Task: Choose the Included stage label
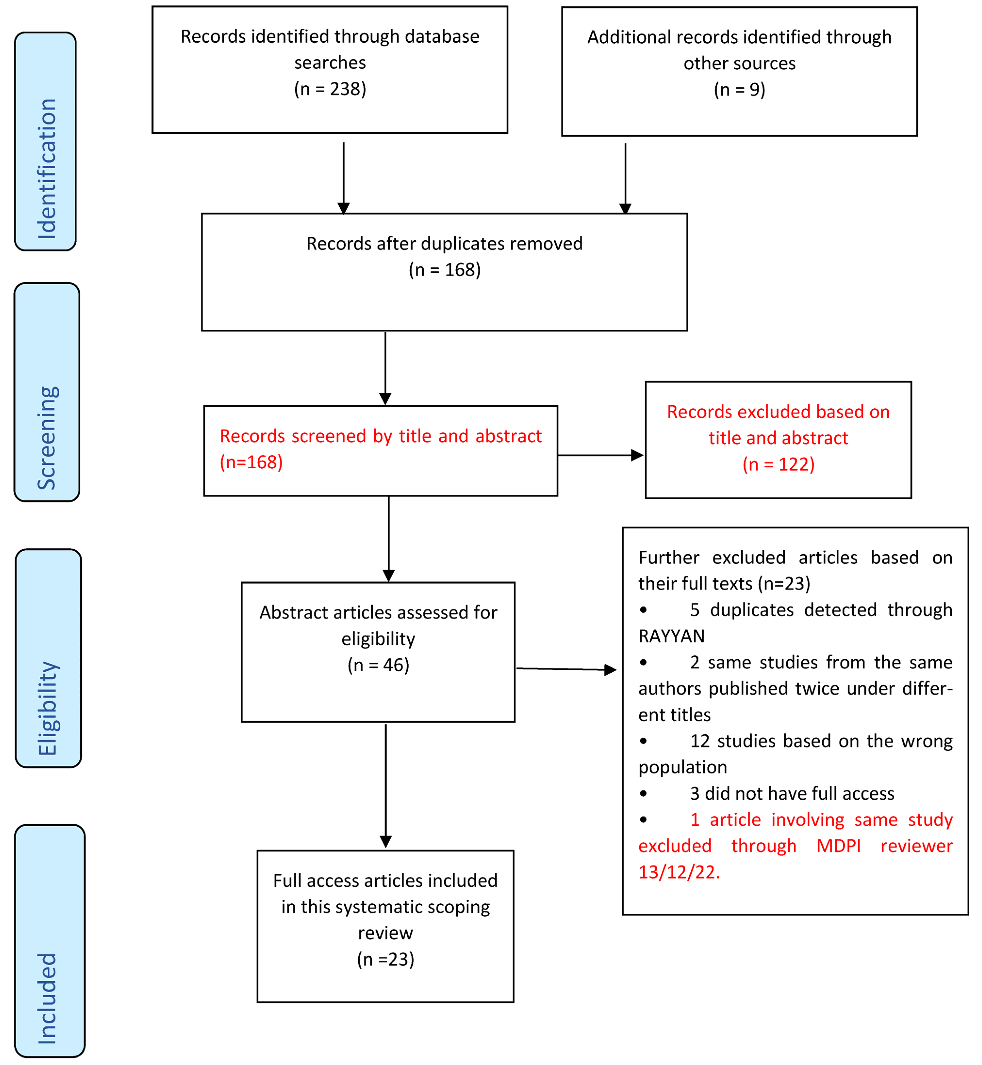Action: click(47, 999)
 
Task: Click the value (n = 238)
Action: click(330, 89)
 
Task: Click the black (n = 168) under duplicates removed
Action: click(444, 270)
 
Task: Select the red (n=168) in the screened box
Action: click(251, 462)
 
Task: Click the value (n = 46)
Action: click(378, 665)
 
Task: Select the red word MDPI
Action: click(838, 846)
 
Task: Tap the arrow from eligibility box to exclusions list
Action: click(566, 669)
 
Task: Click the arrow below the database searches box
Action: click(344, 178)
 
